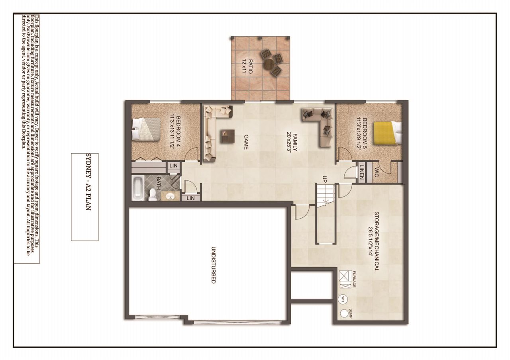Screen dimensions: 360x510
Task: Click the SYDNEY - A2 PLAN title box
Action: (x=84, y=197)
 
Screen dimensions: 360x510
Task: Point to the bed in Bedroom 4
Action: (x=145, y=130)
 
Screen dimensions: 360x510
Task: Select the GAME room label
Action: (x=246, y=142)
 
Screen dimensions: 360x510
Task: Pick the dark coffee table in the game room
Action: (x=227, y=136)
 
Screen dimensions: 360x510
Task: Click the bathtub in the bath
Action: (x=137, y=188)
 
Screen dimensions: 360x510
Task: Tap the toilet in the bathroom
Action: (x=152, y=194)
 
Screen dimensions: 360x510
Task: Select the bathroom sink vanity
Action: (x=171, y=196)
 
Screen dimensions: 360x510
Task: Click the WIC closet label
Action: (x=377, y=172)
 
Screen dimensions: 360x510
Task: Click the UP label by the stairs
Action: (x=325, y=180)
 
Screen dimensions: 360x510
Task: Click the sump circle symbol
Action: (x=344, y=313)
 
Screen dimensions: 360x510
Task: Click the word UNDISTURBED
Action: (x=213, y=265)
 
